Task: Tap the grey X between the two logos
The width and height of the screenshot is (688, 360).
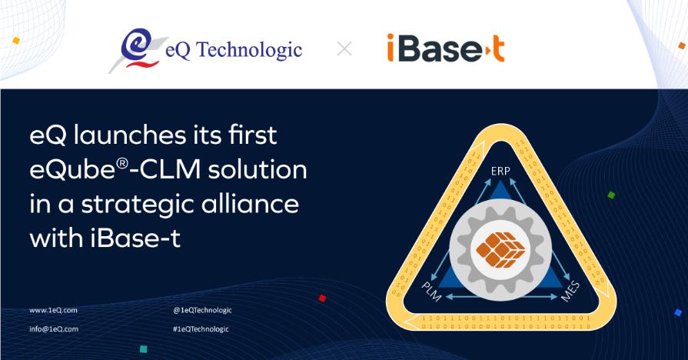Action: (345, 49)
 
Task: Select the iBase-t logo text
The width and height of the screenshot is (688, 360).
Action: (445, 48)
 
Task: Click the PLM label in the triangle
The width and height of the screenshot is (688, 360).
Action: (433, 291)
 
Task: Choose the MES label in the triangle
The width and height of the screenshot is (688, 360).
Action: (570, 292)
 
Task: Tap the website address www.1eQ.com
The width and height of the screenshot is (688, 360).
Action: (53, 310)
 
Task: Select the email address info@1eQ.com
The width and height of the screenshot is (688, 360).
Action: (54, 328)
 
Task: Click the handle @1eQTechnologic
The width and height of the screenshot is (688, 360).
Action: (202, 310)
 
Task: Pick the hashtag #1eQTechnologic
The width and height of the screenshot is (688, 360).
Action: (201, 328)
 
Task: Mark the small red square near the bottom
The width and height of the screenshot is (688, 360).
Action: (322, 298)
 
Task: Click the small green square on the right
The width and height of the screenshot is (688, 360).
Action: (611, 195)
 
